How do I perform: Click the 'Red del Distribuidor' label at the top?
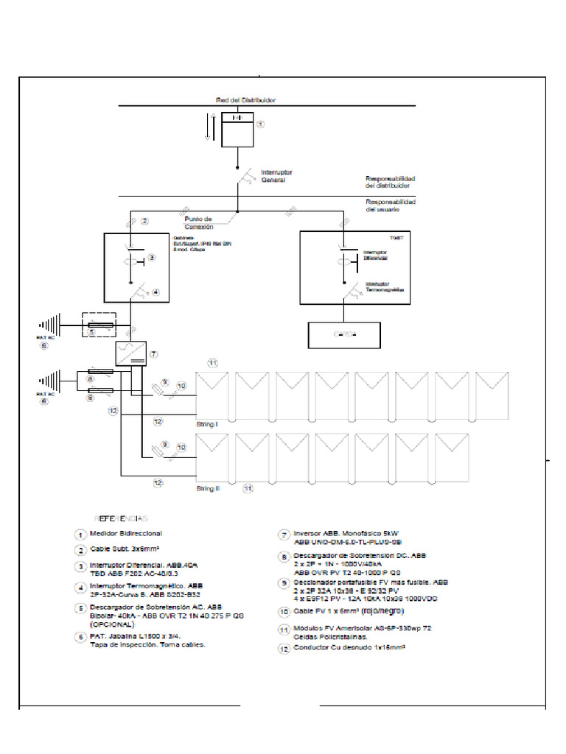(245, 99)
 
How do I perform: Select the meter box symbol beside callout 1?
(237, 129)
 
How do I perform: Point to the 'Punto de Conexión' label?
(199, 222)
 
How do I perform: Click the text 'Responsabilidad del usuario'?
(391, 205)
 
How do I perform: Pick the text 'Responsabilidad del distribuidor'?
(391, 182)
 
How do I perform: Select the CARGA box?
(344, 334)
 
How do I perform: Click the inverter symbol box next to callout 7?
(131, 353)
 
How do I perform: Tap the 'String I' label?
(207, 426)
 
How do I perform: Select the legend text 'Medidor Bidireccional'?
(126, 533)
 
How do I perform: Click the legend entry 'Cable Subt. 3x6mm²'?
(125, 549)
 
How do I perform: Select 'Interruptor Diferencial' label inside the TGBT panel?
(375, 255)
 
